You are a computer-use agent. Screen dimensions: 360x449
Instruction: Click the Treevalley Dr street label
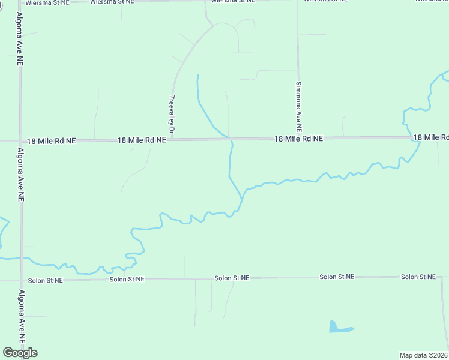pyautogui.click(x=172, y=114)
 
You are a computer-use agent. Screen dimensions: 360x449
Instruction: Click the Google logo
pyautogui.click(x=20, y=353)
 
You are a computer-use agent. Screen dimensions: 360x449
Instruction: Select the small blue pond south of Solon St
pyautogui.click(x=337, y=328)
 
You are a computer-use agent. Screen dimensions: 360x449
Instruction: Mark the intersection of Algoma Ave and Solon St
pyautogui.click(x=21, y=280)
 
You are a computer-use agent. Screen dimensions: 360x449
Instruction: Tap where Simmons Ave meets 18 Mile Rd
pyautogui.click(x=298, y=138)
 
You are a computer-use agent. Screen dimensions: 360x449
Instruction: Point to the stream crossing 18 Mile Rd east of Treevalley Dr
pyautogui.click(x=229, y=139)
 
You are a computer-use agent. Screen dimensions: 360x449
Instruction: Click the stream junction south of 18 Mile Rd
pyautogui.click(x=243, y=196)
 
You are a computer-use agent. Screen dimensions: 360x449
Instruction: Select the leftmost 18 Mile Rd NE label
pyautogui.click(x=52, y=141)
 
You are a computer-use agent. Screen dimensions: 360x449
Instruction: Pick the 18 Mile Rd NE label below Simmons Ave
pyautogui.click(x=298, y=139)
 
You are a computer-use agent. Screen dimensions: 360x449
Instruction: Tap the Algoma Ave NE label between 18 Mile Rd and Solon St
pyautogui.click(x=20, y=174)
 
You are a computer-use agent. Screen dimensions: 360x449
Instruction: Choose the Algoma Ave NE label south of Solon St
pyautogui.click(x=22, y=316)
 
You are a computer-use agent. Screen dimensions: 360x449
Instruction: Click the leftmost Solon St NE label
pyautogui.click(x=46, y=280)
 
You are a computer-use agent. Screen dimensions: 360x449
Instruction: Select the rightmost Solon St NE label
pyautogui.click(x=418, y=277)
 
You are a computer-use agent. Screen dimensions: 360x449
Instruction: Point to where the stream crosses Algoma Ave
pyautogui.click(x=21, y=257)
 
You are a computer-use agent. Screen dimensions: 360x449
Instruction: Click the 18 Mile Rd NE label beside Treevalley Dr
pyautogui.click(x=142, y=140)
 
